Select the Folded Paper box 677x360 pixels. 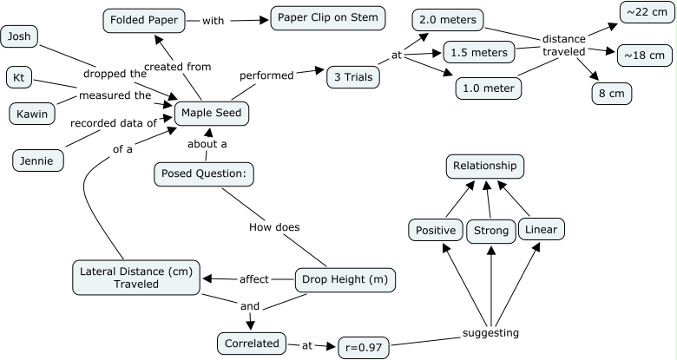click(x=143, y=20)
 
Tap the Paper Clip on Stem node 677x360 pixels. click(x=327, y=17)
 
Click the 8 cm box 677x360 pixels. click(x=612, y=93)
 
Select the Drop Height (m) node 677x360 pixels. click(x=345, y=280)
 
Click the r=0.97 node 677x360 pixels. click(x=364, y=347)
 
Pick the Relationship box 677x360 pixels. click(x=485, y=165)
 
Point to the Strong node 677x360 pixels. click(x=491, y=231)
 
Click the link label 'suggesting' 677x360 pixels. click(x=491, y=332)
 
